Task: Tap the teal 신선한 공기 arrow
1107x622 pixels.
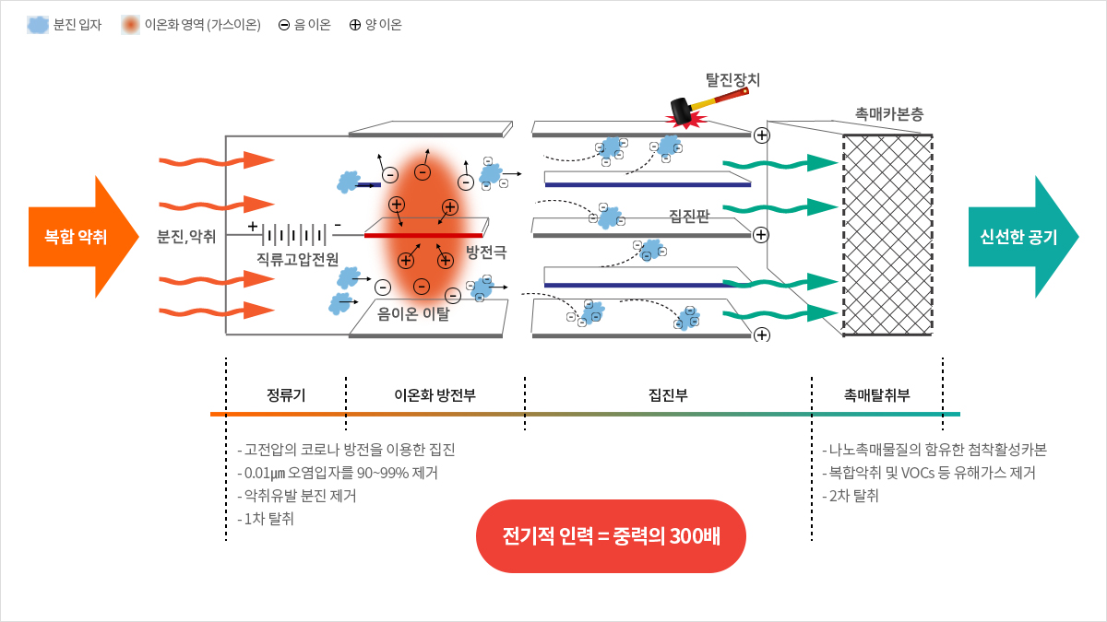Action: pyautogui.click(x=1018, y=237)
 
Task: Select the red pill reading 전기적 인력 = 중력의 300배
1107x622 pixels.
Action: pyautogui.click(x=610, y=536)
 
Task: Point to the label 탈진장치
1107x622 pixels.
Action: pyautogui.click(x=732, y=80)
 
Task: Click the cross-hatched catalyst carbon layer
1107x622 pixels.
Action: pyautogui.click(x=887, y=235)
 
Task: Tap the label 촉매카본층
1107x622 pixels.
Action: pyautogui.click(x=888, y=114)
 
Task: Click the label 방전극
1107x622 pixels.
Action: pyautogui.click(x=486, y=251)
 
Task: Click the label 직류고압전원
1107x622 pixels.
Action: pyautogui.click(x=298, y=257)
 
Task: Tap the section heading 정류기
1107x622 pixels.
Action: pyautogui.click(x=286, y=395)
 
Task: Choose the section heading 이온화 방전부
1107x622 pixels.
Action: pyautogui.click(x=434, y=395)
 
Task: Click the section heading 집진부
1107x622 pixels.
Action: pyautogui.click(x=668, y=395)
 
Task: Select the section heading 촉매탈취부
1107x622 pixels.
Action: pyautogui.click(x=876, y=395)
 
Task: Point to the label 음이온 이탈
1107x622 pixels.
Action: pyautogui.click(x=413, y=314)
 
